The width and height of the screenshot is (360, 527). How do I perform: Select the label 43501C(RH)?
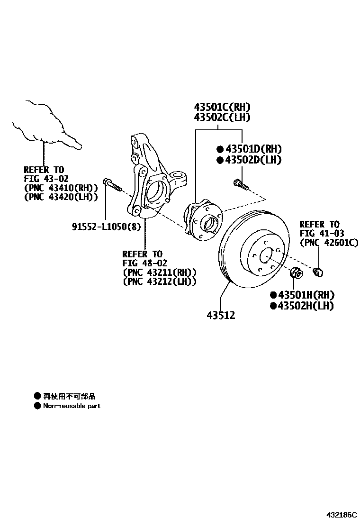pos(221,107)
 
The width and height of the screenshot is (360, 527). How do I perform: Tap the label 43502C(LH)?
pos(221,118)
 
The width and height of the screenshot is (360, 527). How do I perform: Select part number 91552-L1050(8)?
pos(107,227)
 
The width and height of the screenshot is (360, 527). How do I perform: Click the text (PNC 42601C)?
pos(329,243)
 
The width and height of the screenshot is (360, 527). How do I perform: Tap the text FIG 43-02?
pos(46,179)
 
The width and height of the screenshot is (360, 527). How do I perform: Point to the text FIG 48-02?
pos(144,263)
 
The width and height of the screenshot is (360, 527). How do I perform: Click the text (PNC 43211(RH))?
pos(160,273)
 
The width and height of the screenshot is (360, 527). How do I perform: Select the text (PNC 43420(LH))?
pos(61,197)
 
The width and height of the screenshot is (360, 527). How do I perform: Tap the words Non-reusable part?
pos(72,406)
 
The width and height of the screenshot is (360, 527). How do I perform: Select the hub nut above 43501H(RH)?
pos(295,273)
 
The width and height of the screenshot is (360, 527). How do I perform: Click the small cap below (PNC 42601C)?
pos(318,271)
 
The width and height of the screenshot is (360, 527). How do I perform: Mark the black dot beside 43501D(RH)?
pos(219,148)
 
